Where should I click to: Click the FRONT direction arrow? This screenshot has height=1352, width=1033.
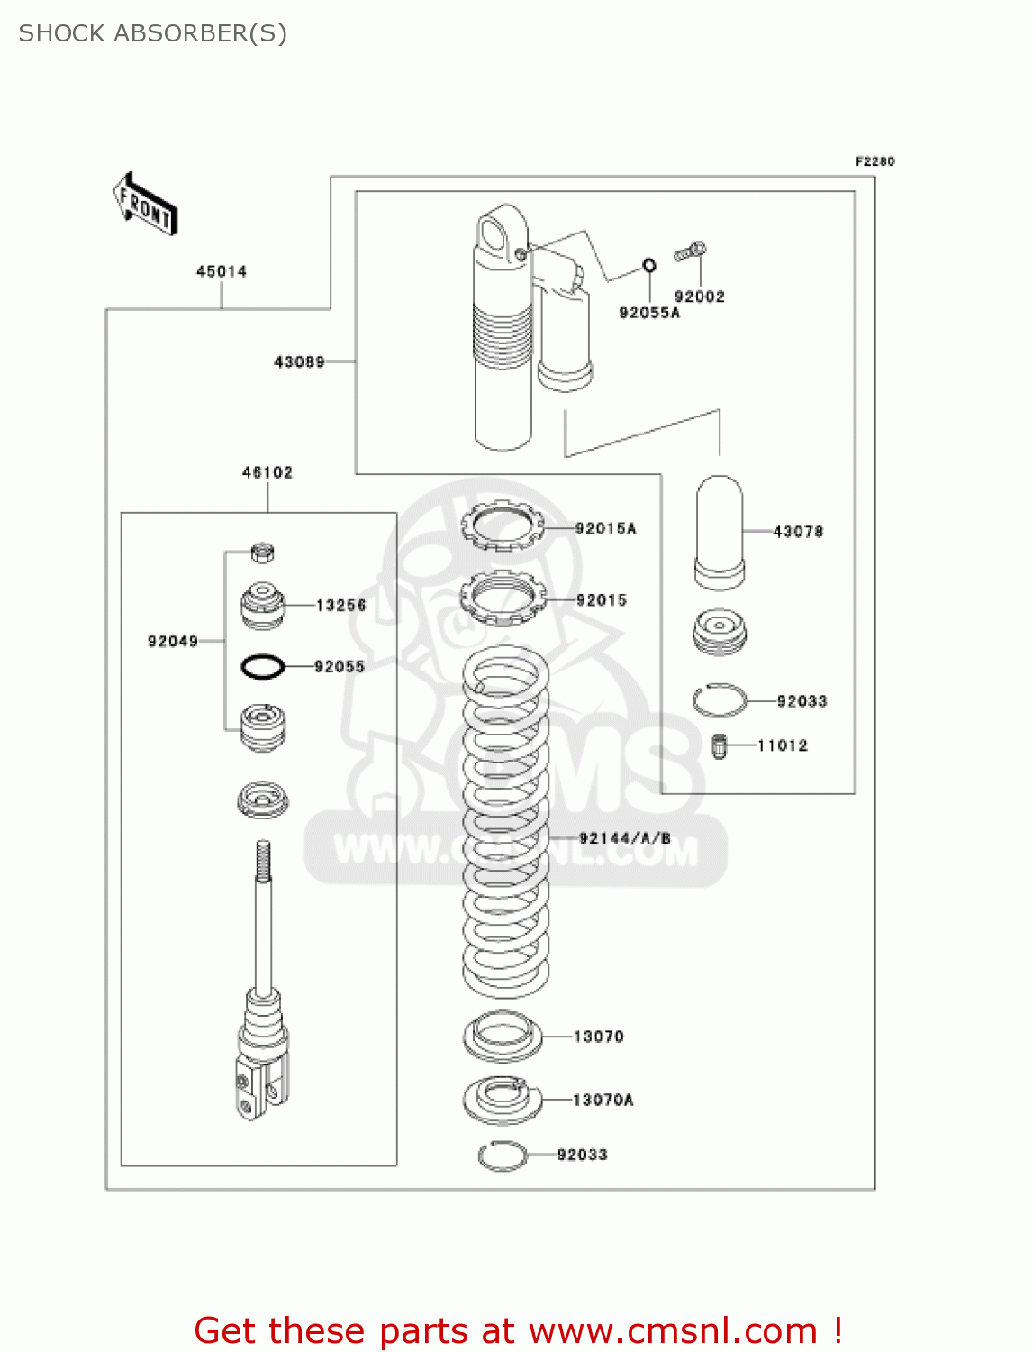point(145,205)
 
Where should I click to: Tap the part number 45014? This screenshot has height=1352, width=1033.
point(222,271)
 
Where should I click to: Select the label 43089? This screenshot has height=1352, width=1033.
point(299,362)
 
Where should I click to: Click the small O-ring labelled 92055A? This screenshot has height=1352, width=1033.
point(648,265)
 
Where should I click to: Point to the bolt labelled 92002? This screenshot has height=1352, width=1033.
point(691,252)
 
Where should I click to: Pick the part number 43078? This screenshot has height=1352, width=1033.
point(798,532)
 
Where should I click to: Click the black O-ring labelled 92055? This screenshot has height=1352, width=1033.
point(262,667)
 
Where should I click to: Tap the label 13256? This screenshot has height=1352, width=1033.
point(340,606)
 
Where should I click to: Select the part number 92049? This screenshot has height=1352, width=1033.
point(172,642)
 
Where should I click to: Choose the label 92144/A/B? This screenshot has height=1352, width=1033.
point(624,838)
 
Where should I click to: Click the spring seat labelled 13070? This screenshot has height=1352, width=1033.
point(503,1037)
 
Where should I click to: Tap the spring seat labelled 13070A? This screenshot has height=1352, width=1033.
point(503,1100)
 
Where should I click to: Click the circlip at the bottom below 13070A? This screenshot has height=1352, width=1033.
point(503,1156)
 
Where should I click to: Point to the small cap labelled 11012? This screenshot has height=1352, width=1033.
point(719,746)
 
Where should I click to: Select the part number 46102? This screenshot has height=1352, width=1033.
point(267,472)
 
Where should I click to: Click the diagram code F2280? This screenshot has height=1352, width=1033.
point(874,161)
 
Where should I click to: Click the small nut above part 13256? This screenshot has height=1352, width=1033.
point(262,552)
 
